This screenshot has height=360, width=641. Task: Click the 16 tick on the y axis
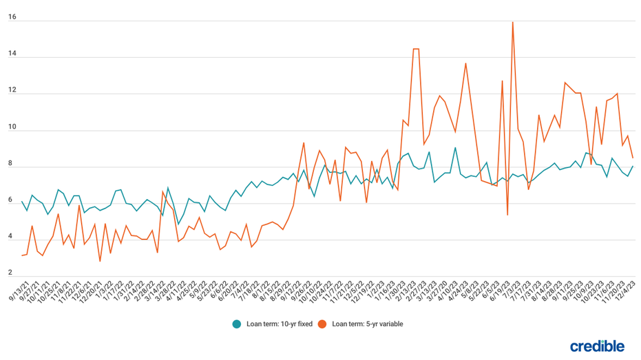pos(12,17)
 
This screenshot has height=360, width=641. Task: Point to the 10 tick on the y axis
pos(12,127)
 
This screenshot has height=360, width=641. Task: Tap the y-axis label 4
pos(10,237)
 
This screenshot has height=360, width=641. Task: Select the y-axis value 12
pos(12,90)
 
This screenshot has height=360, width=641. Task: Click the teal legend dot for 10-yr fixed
pos(237,324)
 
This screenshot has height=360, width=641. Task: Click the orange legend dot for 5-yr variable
pos(322,324)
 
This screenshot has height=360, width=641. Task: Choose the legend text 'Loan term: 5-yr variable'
pos(367,324)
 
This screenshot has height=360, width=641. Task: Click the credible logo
pos(597,346)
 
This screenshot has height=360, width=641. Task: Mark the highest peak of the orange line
pos(512,22)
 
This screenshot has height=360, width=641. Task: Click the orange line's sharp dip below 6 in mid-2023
pos(507,215)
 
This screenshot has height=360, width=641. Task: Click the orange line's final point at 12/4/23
pos(633,158)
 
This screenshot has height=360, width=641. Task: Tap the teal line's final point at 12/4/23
pos(633,166)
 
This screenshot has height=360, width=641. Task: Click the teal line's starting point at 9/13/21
pos(22,202)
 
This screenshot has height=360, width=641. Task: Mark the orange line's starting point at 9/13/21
pos(22,255)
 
